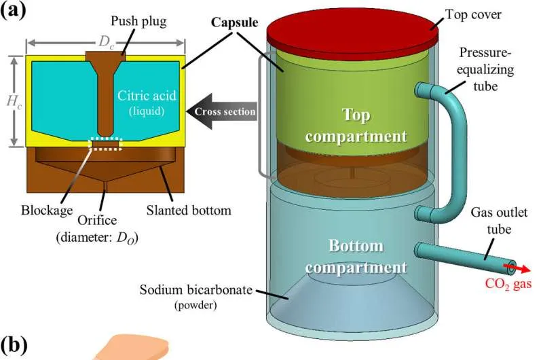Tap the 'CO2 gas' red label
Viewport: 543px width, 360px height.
pos(505,285)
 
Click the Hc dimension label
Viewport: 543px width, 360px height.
pos(12,103)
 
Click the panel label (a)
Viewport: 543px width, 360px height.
pos(14,12)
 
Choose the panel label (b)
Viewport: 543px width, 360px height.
pos(14,345)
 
